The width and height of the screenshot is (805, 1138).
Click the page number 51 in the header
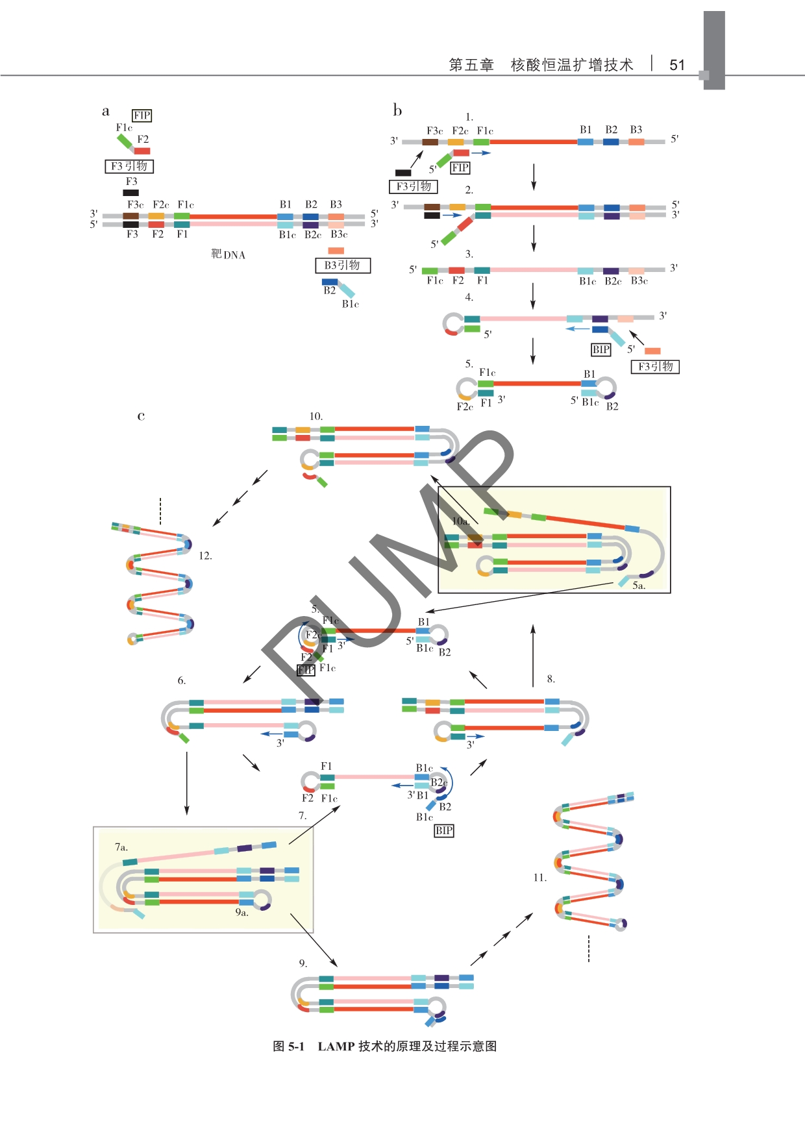pos(677,65)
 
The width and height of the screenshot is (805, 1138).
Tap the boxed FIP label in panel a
pos(142,116)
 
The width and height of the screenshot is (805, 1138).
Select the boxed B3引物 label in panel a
pos(342,266)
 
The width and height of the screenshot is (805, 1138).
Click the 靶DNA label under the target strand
pos(228,254)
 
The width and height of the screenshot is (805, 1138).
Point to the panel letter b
pos(397,110)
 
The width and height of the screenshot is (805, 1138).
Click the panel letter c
pos(141,416)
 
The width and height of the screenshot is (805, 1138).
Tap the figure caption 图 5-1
pos(288,1046)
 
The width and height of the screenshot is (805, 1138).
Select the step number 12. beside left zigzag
pos(205,556)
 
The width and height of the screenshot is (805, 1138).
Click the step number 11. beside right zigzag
pos(540,878)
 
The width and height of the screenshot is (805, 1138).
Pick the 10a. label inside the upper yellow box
pos(460,521)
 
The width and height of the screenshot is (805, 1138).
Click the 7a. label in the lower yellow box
pos(121,847)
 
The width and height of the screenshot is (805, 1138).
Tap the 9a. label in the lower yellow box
pos(241,912)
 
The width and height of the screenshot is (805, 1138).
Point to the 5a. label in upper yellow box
pos(639,586)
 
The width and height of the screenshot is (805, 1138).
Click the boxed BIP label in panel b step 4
pos(601,350)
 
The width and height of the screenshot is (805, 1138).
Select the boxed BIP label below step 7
pos(444,830)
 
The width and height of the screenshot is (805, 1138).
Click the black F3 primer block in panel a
pos(131,193)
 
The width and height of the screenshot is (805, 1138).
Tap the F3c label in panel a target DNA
pos(136,204)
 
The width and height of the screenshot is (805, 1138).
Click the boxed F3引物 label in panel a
pos(129,166)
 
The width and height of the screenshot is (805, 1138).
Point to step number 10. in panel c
pos(316,416)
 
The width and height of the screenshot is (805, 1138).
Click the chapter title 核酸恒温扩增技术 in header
pos(572,65)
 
